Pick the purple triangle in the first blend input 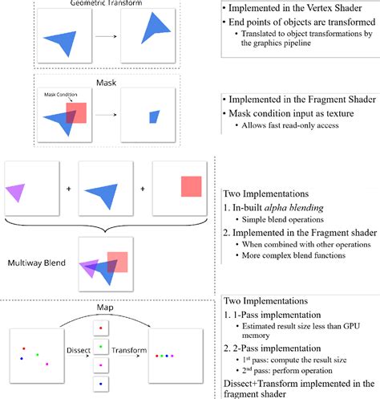(x=16, y=191)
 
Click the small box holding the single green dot (x=100, y=346)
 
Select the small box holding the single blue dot (x=100, y=385)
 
